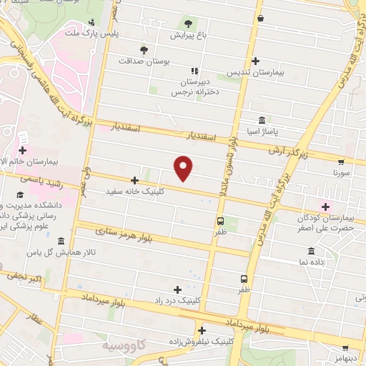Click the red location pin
pyautogui.click(x=184, y=169)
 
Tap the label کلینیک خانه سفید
pyautogui.click(x=135, y=192)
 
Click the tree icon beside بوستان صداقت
pyautogui.click(x=144, y=50)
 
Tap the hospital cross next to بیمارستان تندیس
pyautogui.click(x=255, y=61)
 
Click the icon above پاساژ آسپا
pyautogui.click(x=262, y=120)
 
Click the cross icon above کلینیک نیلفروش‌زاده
pyautogui.click(x=202, y=330)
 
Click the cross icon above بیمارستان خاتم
pyautogui.click(x=24, y=151)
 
